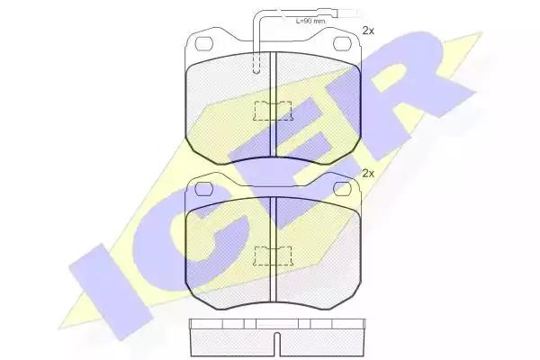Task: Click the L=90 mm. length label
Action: tap(310, 21)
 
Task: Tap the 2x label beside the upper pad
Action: tap(368, 31)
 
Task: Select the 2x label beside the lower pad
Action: tap(368, 174)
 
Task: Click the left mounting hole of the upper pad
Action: tap(204, 44)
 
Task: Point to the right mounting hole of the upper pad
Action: tap(342, 43)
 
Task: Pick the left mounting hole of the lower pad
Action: tap(204, 189)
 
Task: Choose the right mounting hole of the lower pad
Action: tap(342, 188)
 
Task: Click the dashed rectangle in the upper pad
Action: tap(273, 111)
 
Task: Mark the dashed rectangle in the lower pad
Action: tap(273, 256)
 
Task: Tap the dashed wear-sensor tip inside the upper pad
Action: tap(256, 63)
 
